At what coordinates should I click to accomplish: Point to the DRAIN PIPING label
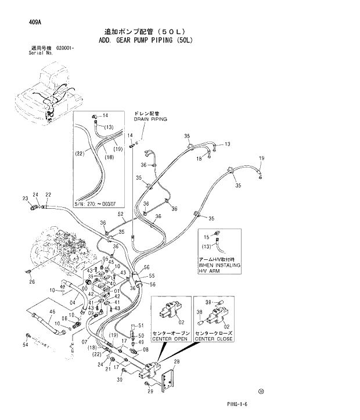(x=150, y=119)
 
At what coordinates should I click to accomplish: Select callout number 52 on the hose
(x=121, y=214)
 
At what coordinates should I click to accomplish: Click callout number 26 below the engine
(x=33, y=281)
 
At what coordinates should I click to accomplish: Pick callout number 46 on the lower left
(x=52, y=312)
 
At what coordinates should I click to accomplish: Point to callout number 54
(x=25, y=345)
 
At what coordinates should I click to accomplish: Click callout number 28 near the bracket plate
(x=177, y=362)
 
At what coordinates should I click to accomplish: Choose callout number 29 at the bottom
(x=150, y=392)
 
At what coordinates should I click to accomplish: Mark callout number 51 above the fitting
(x=140, y=326)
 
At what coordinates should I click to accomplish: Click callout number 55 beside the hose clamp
(x=152, y=276)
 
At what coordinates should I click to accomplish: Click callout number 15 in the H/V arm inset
(x=207, y=237)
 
